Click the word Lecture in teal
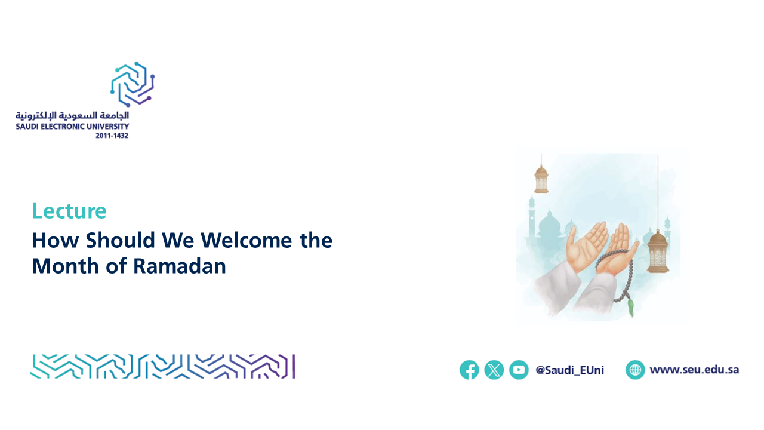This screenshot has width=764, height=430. coord(69,211)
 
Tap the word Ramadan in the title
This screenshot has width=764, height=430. coord(180,266)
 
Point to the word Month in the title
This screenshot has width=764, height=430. coord(65,266)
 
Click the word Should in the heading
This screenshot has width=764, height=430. coord(121,240)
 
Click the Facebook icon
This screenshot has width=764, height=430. coord(469,370)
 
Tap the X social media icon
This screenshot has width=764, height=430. coord(494,370)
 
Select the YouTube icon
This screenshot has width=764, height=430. coord(519,370)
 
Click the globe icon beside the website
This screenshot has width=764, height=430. coord(635,370)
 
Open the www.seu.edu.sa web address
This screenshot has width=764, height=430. coord(694,370)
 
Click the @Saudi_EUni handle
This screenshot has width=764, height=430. coord(569,370)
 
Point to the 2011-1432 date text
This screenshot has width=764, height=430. coord(112,136)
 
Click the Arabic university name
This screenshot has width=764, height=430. coord(72,116)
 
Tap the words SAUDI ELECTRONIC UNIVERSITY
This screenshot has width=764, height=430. coord(72,126)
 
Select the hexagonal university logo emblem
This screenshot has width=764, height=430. coord(133,84)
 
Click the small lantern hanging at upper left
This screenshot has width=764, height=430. coord(541,179)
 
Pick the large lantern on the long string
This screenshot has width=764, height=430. coord(658,251)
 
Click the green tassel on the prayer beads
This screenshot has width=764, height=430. coord(630,307)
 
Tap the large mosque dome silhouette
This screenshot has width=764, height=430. coord(550,223)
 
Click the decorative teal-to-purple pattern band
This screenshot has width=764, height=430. coord(163,367)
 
